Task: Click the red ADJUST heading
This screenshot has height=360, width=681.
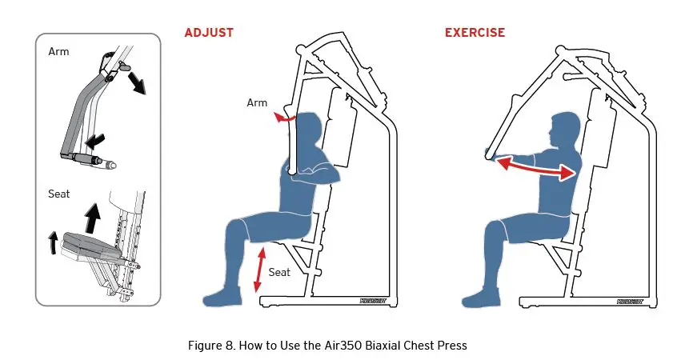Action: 209,33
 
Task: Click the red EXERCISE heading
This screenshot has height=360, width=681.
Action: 475,33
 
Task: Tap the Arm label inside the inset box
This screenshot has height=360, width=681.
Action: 58,52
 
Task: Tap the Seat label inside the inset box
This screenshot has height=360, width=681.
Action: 59,194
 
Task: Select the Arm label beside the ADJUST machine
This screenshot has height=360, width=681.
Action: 257,102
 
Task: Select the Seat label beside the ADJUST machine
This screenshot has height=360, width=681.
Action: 279,272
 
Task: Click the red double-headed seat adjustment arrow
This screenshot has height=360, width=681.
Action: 258,270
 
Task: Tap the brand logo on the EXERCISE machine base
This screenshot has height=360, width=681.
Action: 631,303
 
